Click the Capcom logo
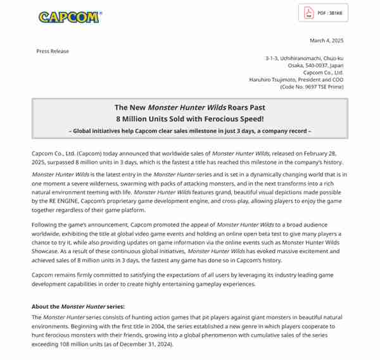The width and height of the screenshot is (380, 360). coord(69,16)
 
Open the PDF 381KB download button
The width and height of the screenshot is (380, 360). coord(323,13)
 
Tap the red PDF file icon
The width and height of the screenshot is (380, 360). coord(309,13)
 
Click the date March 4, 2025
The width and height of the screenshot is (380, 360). coord(326,40)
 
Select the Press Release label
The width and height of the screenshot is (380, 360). coord(53,51)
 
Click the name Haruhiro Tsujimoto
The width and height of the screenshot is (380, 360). coord(272,80)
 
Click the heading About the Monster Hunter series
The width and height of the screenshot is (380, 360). coord(78,307)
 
